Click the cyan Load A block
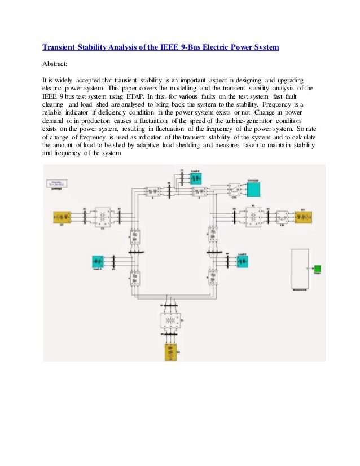[99, 262]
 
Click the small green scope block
[318, 268]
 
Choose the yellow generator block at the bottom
[170, 350]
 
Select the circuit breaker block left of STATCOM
[234, 188]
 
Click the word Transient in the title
[62, 47]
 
